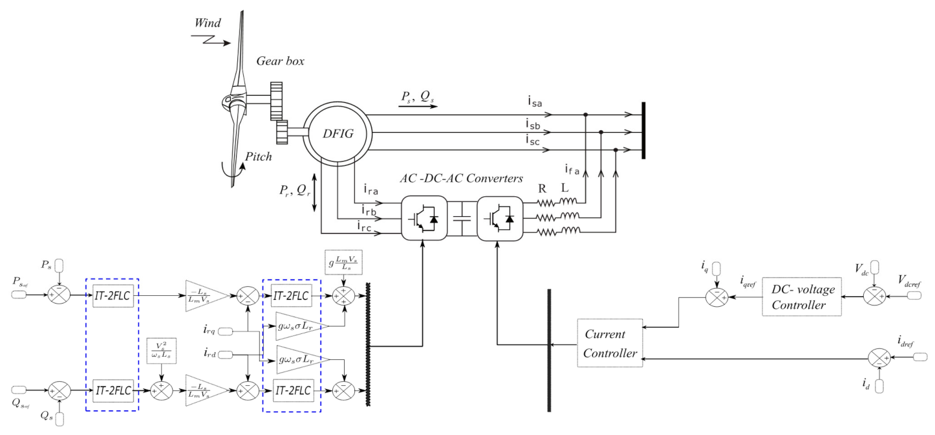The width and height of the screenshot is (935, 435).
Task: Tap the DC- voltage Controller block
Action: click(802, 296)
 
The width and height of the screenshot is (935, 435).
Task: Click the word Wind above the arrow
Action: click(208, 23)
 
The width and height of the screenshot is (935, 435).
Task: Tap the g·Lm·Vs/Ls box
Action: click(344, 262)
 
